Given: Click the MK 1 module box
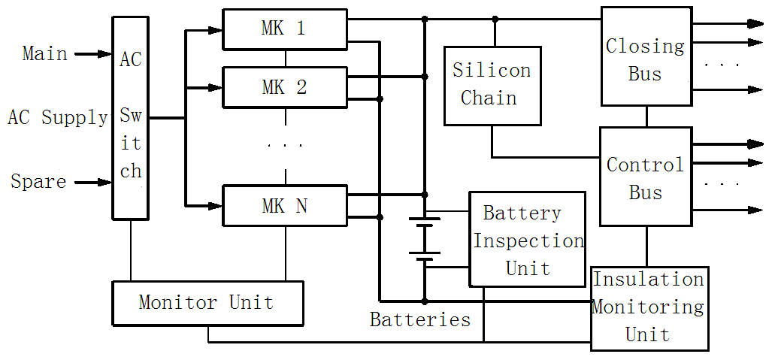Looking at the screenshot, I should pyautogui.click(x=285, y=29).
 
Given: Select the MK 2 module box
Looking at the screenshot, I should pyautogui.click(x=285, y=87).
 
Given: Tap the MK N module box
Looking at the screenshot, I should pyautogui.click(x=285, y=205).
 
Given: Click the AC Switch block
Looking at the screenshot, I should pyautogui.click(x=131, y=118).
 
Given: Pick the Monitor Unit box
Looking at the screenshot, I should pyautogui.click(x=207, y=303).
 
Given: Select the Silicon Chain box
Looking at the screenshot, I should pyautogui.click(x=492, y=85).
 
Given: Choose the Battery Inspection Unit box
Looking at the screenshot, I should pyautogui.click(x=527, y=239).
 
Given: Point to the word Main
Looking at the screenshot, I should pyautogui.click(x=44, y=54).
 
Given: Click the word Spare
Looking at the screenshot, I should pyautogui.click(x=38, y=182).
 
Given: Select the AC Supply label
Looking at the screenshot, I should pyautogui.click(x=58, y=118).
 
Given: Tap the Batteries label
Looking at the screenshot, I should pyautogui.click(x=420, y=320).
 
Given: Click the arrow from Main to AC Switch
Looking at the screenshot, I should pyautogui.click(x=93, y=54).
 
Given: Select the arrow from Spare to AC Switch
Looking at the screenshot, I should pyautogui.click(x=93, y=182).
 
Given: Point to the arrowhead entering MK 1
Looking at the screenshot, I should pyautogui.click(x=216, y=30).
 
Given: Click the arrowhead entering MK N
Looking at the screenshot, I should pyautogui.click(x=216, y=205).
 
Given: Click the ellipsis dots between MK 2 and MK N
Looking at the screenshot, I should pyautogui.click(x=286, y=145).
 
